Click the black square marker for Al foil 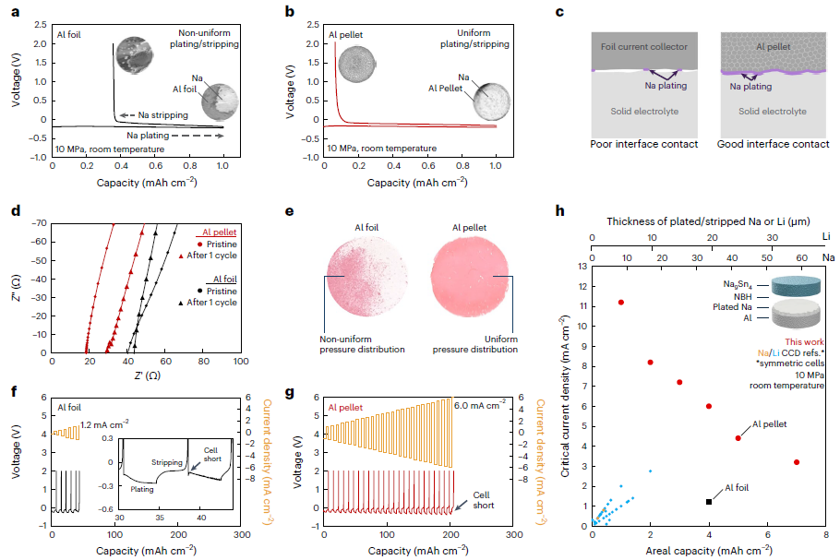tap(708, 501)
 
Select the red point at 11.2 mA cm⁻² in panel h tap(621, 302)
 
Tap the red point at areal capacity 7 tap(796, 462)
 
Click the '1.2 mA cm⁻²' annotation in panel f tap(104, 424)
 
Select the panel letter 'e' tap(290, 211)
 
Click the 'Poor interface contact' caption tap(643, 145)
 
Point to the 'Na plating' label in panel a tap(153, 136)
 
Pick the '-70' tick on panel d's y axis tap(40, 223)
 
